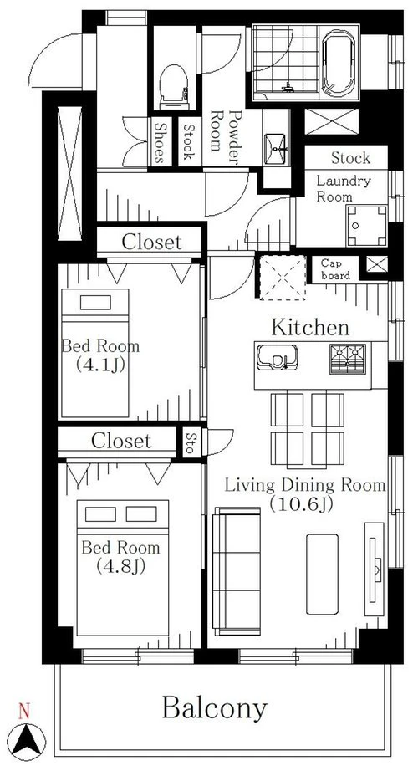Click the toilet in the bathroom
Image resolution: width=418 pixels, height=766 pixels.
174,87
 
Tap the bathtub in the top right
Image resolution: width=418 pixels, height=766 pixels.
339,62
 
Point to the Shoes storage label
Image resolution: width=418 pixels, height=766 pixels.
159,141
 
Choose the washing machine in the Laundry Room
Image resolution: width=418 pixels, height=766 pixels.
366,225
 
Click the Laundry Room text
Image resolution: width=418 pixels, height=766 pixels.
344,188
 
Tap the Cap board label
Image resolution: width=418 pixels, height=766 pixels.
335,269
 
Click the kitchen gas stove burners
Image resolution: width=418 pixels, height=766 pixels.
348,359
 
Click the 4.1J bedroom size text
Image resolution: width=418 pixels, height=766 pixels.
99,365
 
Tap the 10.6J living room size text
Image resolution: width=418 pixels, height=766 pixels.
301,504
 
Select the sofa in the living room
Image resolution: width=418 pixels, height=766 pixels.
237,571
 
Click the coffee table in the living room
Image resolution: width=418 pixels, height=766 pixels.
322,574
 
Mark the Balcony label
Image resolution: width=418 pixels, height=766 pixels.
215,707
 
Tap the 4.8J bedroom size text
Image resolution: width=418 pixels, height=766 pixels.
120,566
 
